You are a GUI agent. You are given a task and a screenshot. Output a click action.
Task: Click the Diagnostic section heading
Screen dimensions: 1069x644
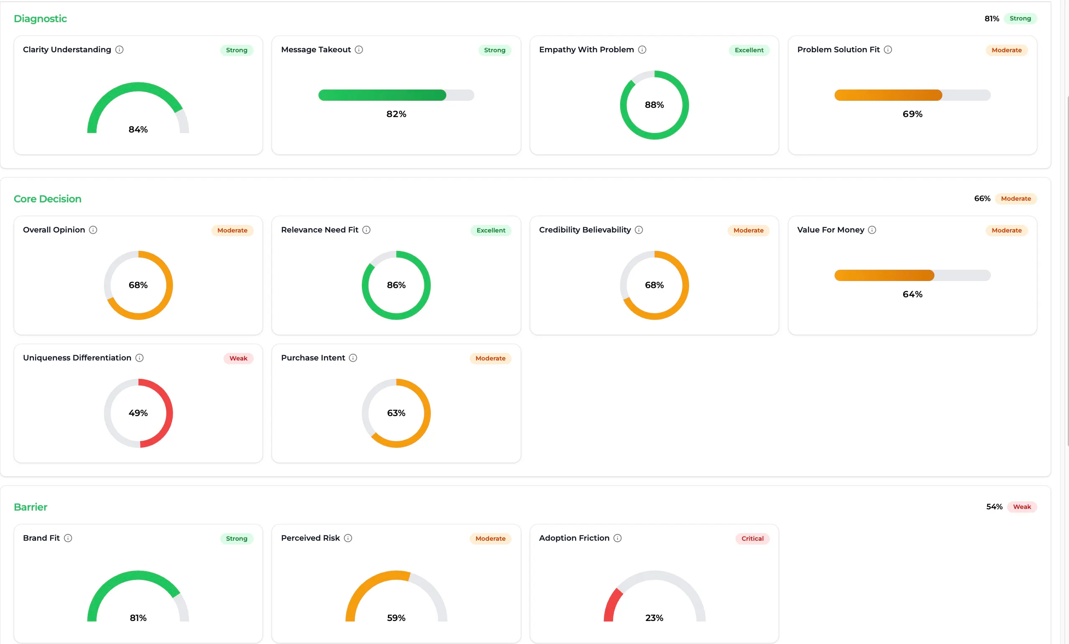coord(41,19)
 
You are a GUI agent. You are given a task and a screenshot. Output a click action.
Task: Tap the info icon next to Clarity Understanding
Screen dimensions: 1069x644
coord(119,49)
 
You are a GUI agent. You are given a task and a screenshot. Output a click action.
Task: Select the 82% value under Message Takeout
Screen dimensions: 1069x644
coord(396,114)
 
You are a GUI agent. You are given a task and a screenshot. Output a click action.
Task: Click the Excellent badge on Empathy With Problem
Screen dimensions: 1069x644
coord(749,50)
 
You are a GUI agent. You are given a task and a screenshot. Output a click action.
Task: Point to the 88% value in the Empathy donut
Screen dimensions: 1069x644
coord(654,105)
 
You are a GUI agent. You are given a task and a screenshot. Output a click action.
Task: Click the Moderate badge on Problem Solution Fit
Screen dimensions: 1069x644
coord(1007,50)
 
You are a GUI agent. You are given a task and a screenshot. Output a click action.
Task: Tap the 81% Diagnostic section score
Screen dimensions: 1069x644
coord(991,19)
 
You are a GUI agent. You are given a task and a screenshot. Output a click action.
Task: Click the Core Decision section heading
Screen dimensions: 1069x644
coord(48,199)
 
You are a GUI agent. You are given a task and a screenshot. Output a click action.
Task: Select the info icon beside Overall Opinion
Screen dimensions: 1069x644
coord(93,230)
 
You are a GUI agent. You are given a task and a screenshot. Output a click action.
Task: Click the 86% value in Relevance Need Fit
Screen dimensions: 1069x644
coord(396,285)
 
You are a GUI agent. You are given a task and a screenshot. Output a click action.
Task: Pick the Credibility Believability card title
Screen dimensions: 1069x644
coord(585,230)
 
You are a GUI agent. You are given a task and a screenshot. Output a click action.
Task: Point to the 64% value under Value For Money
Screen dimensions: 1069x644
coord(912,294)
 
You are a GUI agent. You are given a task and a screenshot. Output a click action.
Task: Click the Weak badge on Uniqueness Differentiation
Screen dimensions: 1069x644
coord(239,358)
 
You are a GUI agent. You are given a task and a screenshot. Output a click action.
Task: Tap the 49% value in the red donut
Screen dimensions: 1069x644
coord(138,413)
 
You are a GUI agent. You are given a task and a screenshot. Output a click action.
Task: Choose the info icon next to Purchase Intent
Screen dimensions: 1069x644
coord(353,358)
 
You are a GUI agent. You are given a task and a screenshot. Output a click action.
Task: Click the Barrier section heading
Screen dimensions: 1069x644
coord(31,507)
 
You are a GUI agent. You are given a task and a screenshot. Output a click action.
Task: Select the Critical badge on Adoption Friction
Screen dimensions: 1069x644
coord(752,539)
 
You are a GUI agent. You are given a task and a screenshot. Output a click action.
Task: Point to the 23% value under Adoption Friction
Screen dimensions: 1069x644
coord(654,618)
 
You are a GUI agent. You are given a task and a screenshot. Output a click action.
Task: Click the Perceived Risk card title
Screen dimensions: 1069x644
coord(311,538)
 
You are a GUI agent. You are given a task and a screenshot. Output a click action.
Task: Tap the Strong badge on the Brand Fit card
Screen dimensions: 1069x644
coord(237,539)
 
